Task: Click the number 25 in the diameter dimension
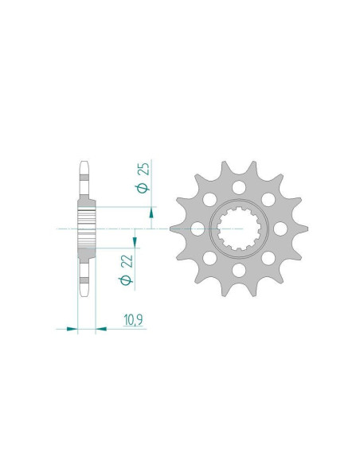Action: point(145,169)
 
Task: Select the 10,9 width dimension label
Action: point(134,320)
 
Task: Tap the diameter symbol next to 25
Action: point(143,188)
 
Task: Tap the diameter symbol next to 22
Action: point(126,280)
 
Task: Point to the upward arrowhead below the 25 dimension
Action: point(151,213)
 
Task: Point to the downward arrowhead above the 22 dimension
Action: point(135,242)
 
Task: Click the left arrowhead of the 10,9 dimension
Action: point(72,329)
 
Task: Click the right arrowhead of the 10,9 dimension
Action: point(101,329)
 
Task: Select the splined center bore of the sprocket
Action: point(239,229)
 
